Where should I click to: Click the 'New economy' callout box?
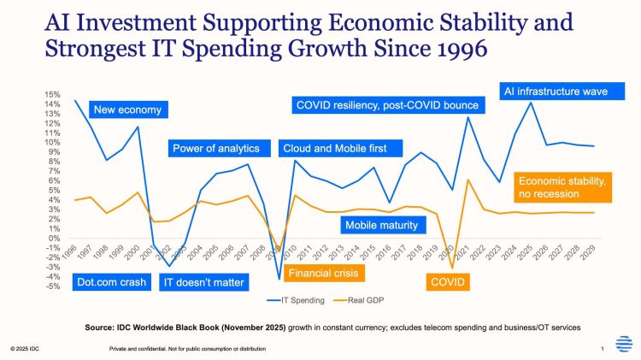click(x=126, y=109)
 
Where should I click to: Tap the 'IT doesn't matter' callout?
click(x=203, y=282)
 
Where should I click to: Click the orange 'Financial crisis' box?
click(x=322, y=274)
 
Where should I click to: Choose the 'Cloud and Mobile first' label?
click(x=334, y=149)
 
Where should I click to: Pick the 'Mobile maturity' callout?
click(x=380, y=226)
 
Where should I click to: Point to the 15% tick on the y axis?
click(x=54, y=95)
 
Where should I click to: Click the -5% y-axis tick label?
click(x=54, y=286)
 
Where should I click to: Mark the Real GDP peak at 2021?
click(x=468, y=180)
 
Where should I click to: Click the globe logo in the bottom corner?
click(x=625, y=344)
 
